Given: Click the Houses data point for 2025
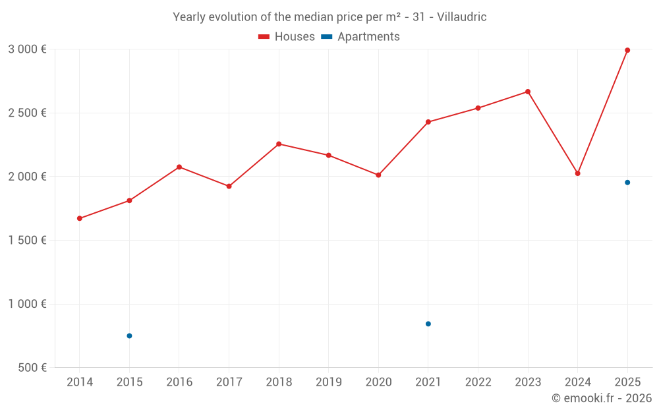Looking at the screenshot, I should point(627,50).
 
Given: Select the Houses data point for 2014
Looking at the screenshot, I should point(80,218).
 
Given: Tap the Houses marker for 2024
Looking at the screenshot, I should point(577,173).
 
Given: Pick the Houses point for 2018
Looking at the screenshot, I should point(279,144).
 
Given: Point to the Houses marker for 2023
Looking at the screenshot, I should point(528,92).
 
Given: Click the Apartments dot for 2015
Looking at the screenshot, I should point(129,336).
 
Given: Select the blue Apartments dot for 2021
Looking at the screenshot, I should point(428,324).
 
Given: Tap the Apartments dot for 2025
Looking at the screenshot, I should point(627,183).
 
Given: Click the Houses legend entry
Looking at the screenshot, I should point(287,37).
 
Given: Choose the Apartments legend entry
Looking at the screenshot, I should point(360,37).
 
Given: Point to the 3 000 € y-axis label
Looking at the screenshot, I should point(27,49).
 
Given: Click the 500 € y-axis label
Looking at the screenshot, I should point(31,368).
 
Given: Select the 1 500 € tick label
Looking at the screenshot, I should point(27,240).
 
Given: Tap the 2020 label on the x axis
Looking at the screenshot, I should point(378,382).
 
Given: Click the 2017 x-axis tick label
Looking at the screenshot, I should point(229,382).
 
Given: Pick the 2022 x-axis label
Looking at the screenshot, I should point(478,382).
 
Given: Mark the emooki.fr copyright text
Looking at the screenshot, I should point(602,398).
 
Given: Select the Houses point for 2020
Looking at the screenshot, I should point(378,175).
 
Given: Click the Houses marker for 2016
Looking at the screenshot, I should point(179,167).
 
